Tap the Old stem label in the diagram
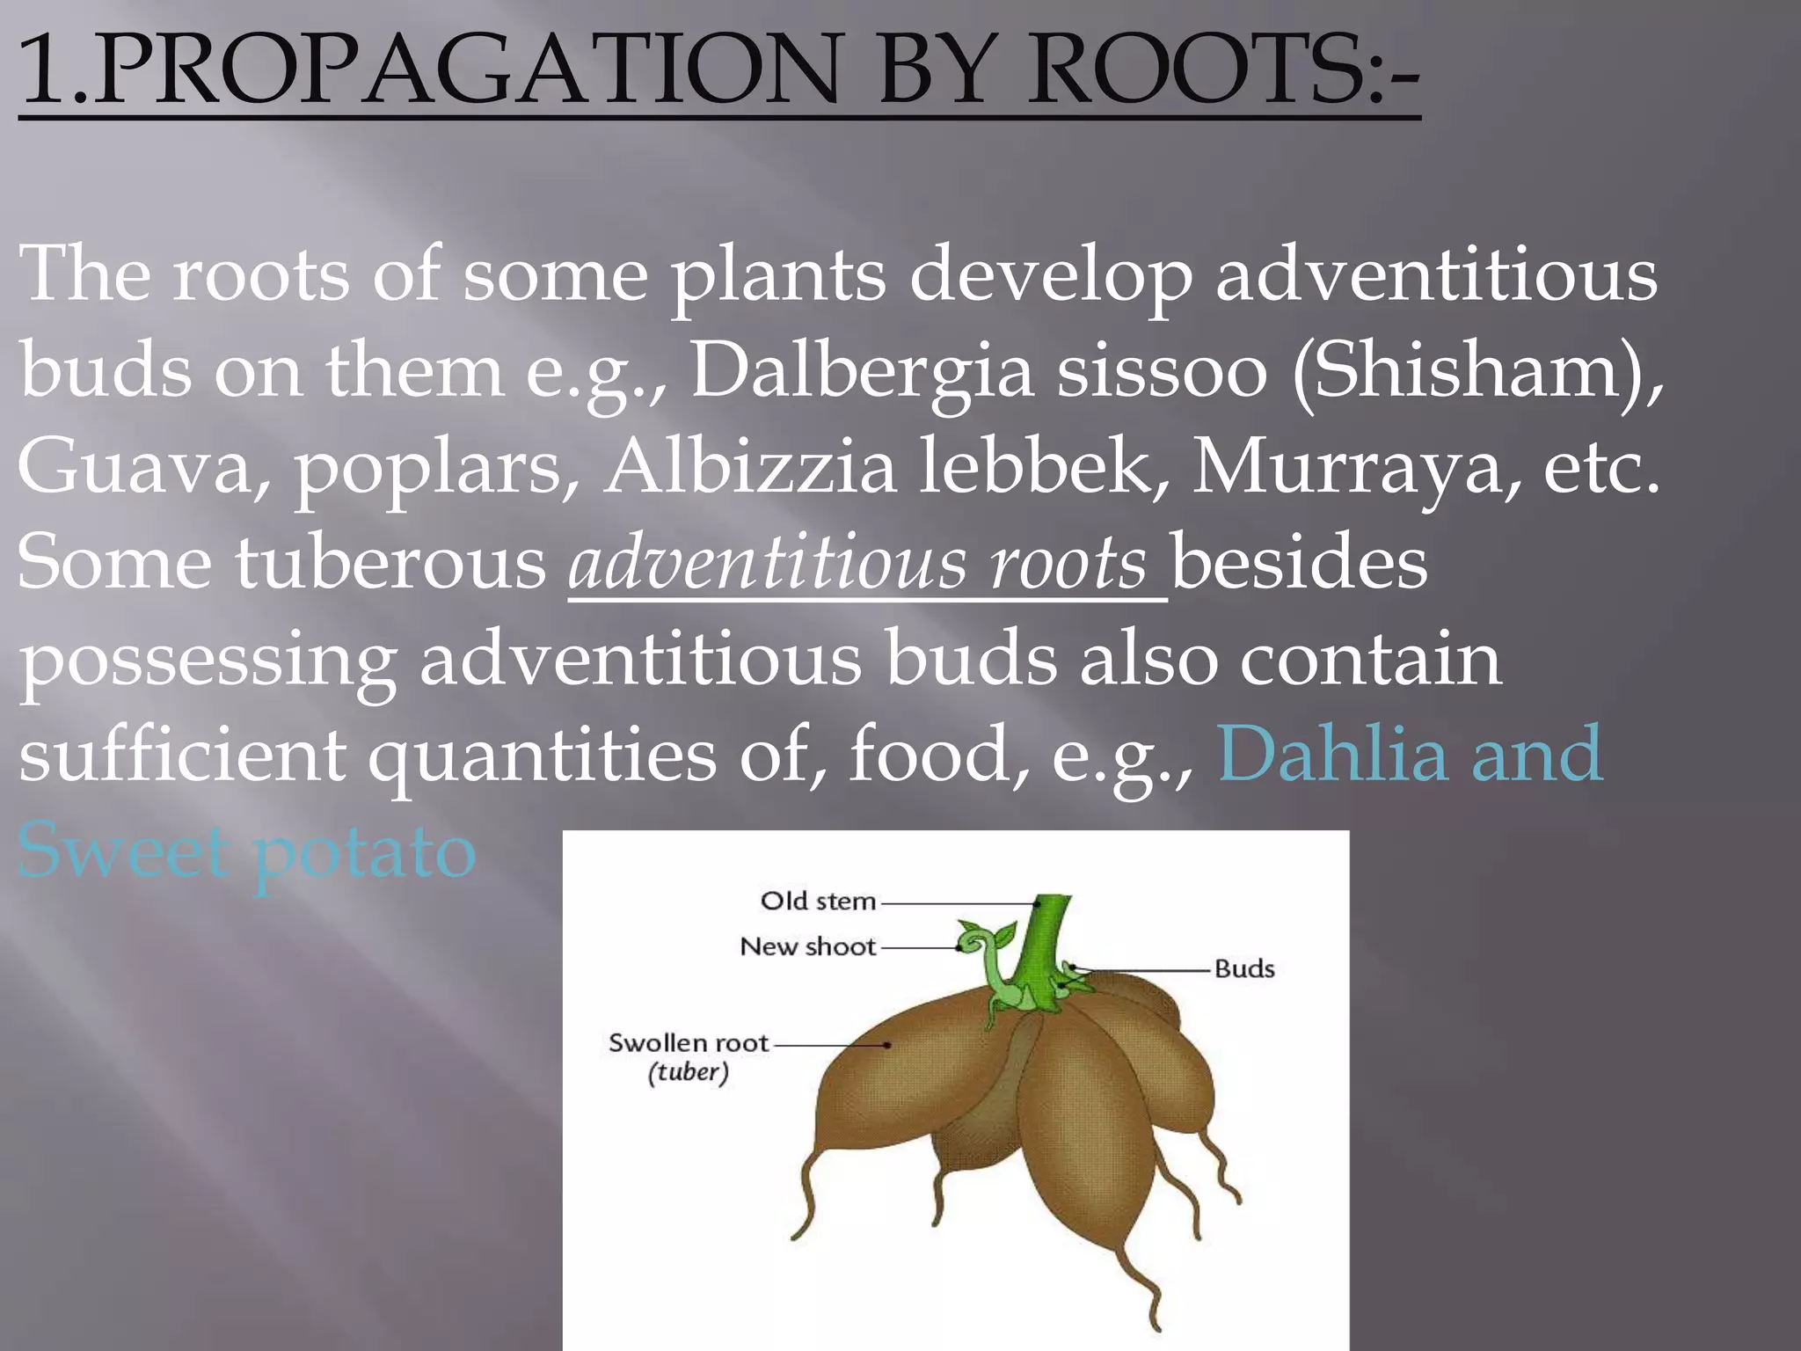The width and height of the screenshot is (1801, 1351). (x=818, y=901)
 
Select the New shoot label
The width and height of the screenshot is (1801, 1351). (x=807, y=946)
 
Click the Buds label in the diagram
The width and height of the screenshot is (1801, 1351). (x=1243, y=969)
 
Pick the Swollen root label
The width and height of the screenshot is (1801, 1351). (x=688, y=1043)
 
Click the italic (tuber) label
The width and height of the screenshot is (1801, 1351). (x=688, y=1073)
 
